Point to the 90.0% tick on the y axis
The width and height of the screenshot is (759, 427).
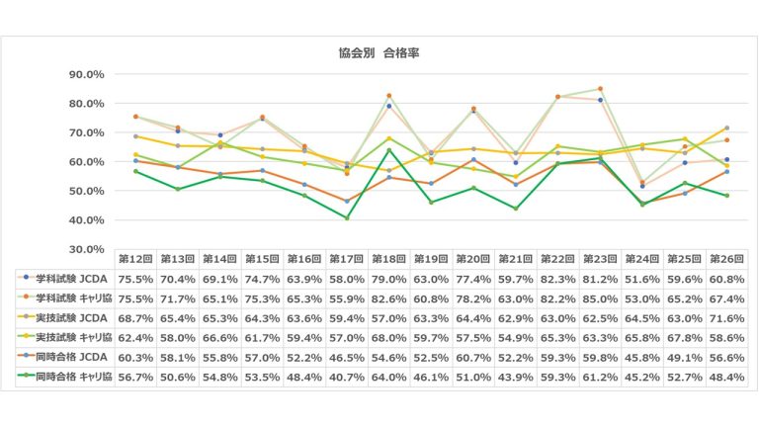pos(88,74)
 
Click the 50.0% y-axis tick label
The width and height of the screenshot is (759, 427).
pos(88,191)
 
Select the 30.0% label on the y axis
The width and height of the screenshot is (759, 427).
pos(88,249)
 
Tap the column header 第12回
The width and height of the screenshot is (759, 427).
pos(134,259)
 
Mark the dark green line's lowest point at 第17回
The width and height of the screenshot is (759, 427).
pos(347,217)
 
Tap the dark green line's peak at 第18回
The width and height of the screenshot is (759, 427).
pos(389,150)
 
